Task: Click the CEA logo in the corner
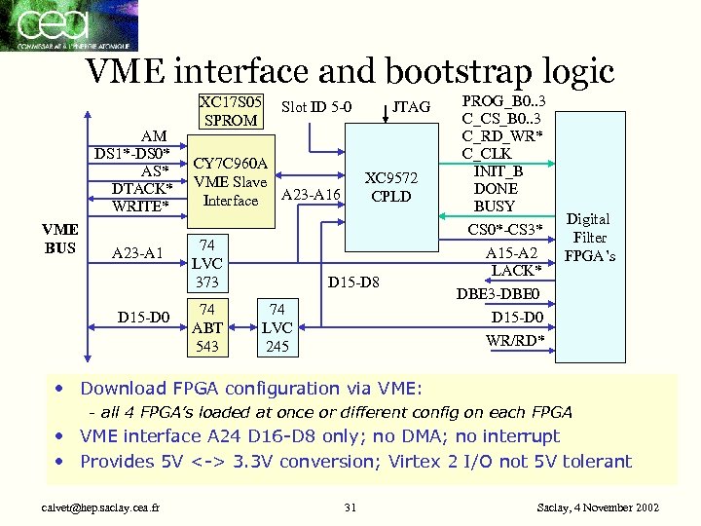[x=68, y=25]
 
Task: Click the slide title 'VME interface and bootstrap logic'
[x=350, y=71]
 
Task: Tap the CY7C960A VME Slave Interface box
[x=231, y=182]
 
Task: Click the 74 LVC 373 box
[x=207, y=263]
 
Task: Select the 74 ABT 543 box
[x=207, y=328]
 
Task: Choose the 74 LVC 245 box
[x=277, y=328]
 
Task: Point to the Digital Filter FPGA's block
[x=589, y=238]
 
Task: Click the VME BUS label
[x=60, y=238]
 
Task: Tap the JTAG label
[x=411, y=107]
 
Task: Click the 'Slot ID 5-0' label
[x=315, y=107]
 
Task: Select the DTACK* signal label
[x=142, y=188]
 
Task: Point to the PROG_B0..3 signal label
[x=503, y=101]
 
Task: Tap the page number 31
[x=350, y=507]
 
